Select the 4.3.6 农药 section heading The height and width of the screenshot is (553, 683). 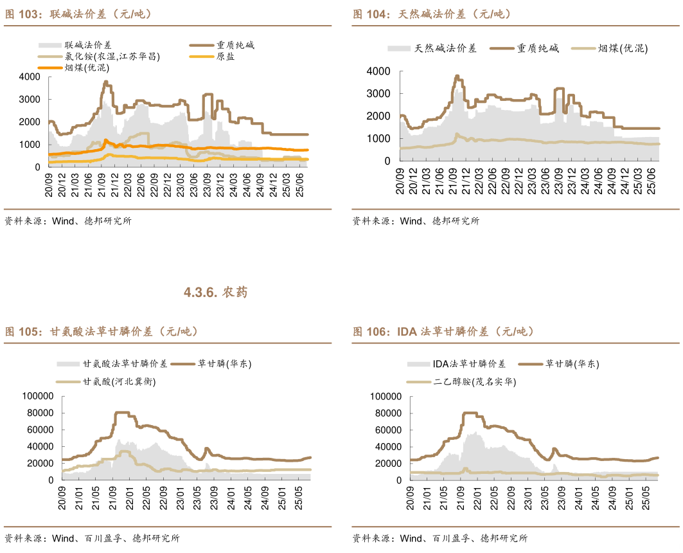215,293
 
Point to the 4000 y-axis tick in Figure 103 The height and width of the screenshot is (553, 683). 30,77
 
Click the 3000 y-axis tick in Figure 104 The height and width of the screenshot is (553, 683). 378,93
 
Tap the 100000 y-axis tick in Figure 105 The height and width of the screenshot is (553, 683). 38,396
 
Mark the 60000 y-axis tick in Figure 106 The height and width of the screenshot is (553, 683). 387,430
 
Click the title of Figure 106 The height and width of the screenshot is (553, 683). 443,332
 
